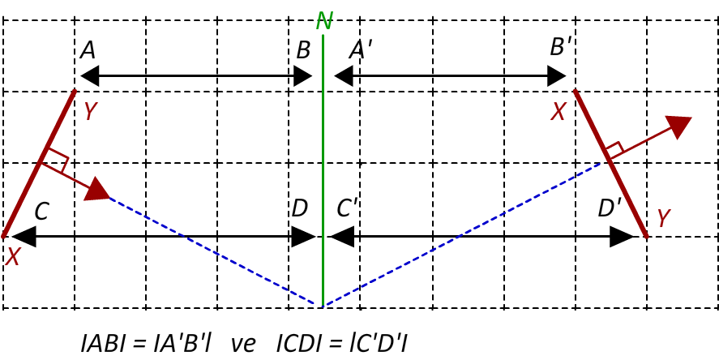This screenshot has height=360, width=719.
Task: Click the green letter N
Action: pyautogui.click(x=323, y=21)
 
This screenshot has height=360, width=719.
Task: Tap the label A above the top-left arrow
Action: pyautogui.click(x=88, y=50)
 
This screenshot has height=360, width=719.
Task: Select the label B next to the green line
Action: pyautogui.click(x=303, y=50)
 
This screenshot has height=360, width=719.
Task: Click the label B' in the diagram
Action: pyautogui.click(x=559, y=46)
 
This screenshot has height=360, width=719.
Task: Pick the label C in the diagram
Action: pyautogui.click(x=41, y=212)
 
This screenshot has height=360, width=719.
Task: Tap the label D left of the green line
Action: pyautogui.click(x=299, y=208)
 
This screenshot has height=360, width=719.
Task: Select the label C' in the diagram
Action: pyautogui.click(x=347, y=208)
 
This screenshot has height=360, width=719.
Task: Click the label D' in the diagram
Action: pyautogui.click(x=610, y=208)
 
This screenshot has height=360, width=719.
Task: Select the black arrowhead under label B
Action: pyautogui.click(x=302, y=75)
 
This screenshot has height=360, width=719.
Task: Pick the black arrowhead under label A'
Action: pyautogui.click(x=344, y=75)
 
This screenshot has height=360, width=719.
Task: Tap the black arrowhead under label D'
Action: pyautogui.click(x=622, y=237)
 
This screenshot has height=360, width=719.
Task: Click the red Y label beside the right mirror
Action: pyautogui.click(x=664, y=218)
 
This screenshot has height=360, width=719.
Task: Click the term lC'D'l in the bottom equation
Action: pyautogui.click(x=377, y=344)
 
